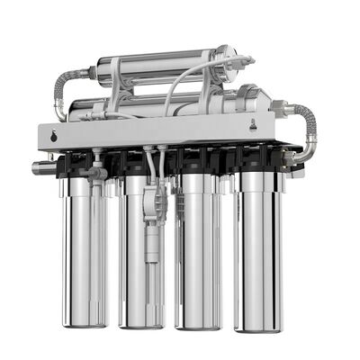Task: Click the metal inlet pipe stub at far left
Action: coord(41,166)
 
